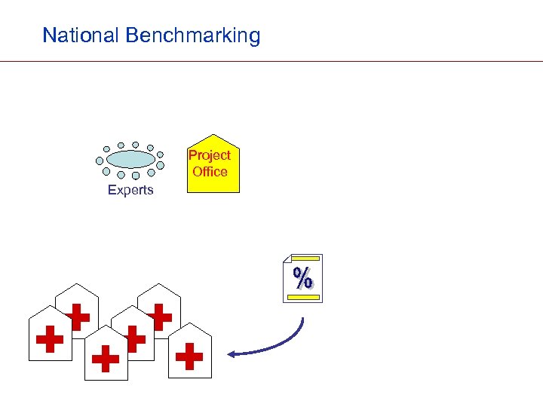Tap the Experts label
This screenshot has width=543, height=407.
click(130, 190)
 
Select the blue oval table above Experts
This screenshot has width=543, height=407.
click(130, 159)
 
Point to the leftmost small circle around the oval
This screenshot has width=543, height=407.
click(100, 160)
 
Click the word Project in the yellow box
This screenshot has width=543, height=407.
click(210, 155)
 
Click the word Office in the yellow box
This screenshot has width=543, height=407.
click(210, 172)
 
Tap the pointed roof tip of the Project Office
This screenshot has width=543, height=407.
click(213, 136)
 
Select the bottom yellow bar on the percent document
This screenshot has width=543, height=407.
click(302, 297)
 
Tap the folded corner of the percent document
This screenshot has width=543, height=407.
click(287, 259)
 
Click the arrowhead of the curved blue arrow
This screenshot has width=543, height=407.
click(232, 353)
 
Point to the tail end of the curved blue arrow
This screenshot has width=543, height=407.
click(303, 318)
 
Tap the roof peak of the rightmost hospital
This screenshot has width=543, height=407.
click(190, 323)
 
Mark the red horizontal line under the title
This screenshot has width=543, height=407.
click(271, 61)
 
